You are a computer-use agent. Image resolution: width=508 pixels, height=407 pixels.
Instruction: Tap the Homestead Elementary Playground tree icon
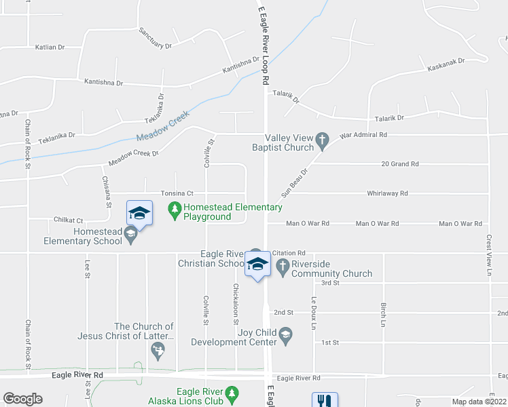click(x=175, y=212)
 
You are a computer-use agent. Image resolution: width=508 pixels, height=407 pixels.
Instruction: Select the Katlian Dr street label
click(x=50, y=47)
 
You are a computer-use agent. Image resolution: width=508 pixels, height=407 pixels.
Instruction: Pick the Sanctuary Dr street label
click(x=156, y=39)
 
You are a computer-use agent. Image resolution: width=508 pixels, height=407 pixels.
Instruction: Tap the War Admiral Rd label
click(x=363, y=135)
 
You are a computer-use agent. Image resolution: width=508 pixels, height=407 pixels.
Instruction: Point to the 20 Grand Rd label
click(x=400, y=164)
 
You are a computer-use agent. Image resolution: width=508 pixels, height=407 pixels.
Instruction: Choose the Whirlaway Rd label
click(x=387, y=193)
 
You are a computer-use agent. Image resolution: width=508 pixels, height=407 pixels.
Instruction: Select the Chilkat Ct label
click(x=69, y=220)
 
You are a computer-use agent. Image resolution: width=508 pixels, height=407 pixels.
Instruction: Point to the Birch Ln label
click(x=384, y=312)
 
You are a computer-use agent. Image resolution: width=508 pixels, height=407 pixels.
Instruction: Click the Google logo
click(x=22, y=399)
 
